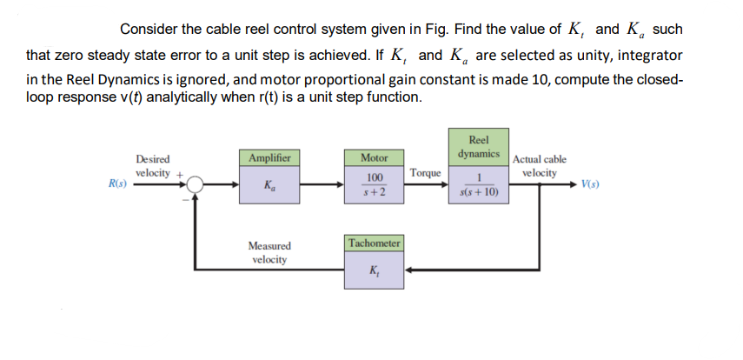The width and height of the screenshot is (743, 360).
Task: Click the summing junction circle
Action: (x=194, y=184)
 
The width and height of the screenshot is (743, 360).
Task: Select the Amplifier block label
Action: (x=269, y=157)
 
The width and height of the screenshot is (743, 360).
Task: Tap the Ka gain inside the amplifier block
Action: (x=269, y=186)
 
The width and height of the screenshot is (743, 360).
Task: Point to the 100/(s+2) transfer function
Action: (x=375, y=185)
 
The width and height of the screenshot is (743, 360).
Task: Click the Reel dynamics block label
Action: (x=478, y=146)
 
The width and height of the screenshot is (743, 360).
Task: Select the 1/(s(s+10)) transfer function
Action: (x=478, y=185)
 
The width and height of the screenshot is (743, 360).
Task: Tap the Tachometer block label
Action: (x=374, y=243)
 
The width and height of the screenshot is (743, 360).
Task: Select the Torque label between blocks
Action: (x=425, y=173)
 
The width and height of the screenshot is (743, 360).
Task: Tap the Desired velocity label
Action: (x=153, y=166)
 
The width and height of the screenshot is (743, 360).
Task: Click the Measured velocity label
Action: (x=270, y=252)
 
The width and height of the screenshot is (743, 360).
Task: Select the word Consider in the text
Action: (x=146, y=29)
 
